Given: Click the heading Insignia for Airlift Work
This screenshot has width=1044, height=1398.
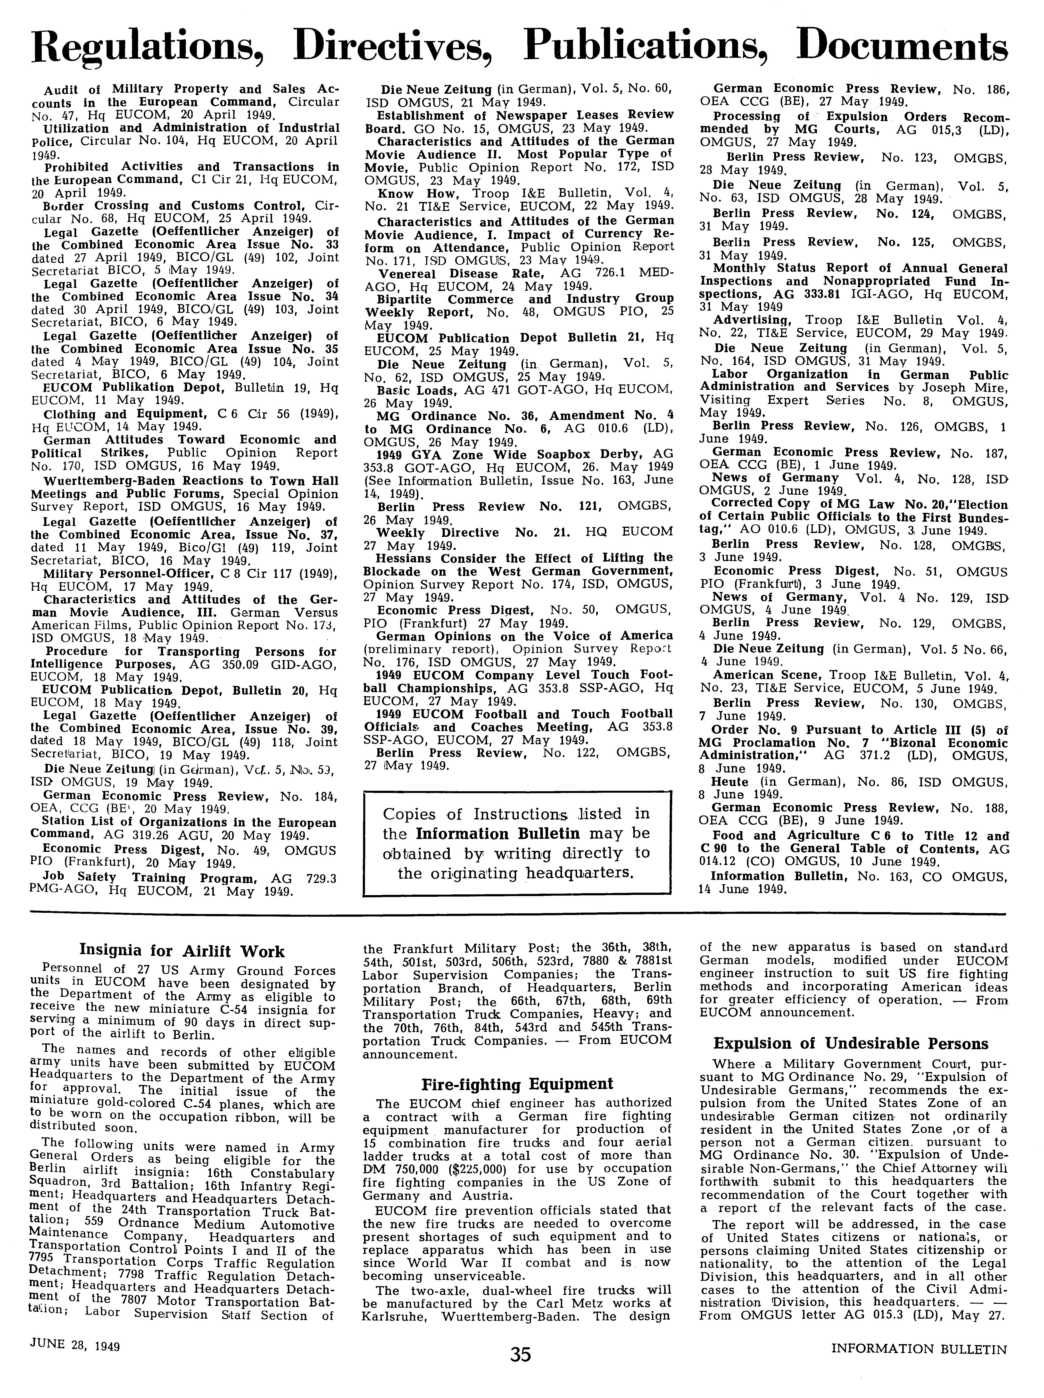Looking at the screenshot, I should [x=182, y=951].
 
